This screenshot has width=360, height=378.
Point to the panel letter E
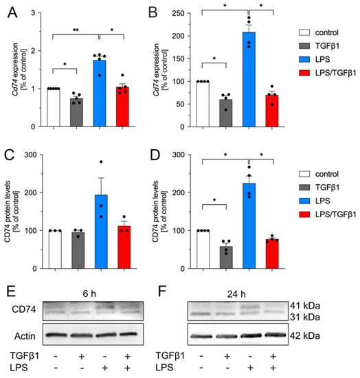click(12, 284)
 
